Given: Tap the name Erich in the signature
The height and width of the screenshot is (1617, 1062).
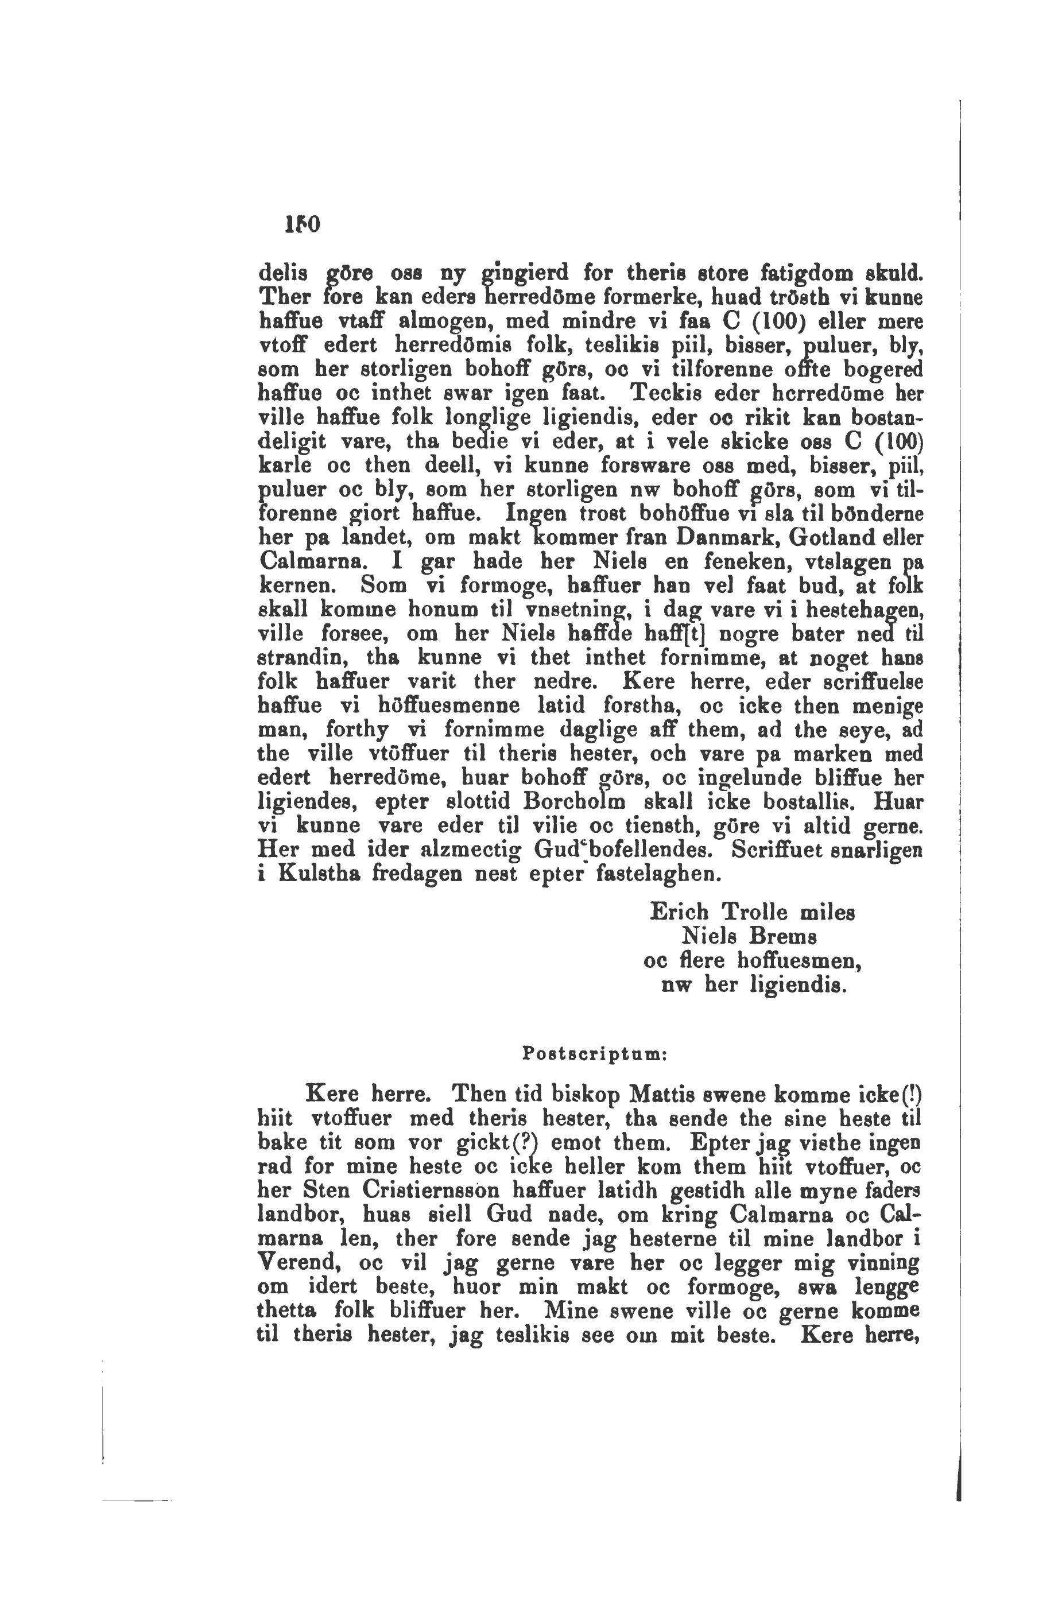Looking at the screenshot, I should (680, 912).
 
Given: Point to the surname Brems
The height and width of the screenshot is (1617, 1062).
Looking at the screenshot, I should (782, 936).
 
